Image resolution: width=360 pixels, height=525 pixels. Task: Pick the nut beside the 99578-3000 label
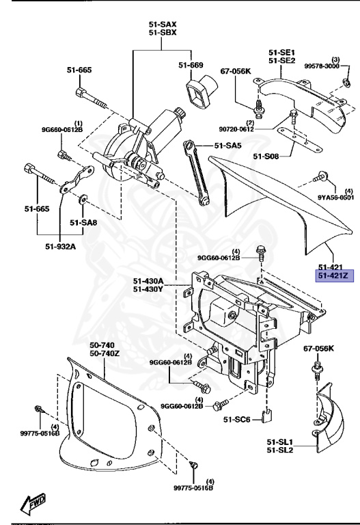click(x=347, y=85)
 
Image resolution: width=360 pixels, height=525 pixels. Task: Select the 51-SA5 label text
click(x=227, y=146)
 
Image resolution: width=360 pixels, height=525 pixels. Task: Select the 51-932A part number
click(x=60, y=246)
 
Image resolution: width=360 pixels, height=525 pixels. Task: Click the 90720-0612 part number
click(x=256, y=129)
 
